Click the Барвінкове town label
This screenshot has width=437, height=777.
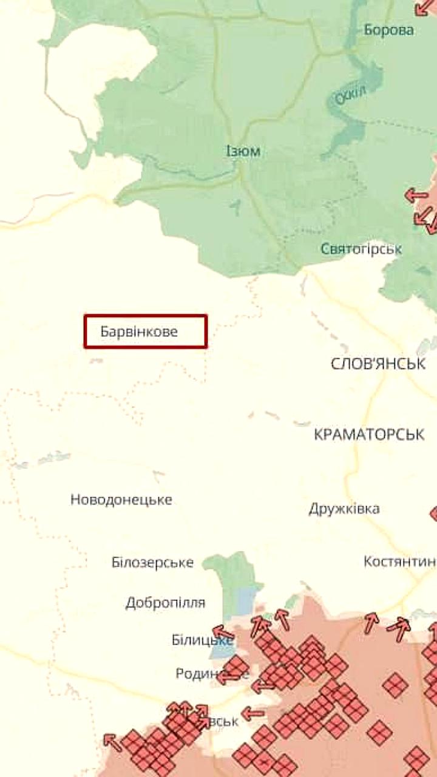click(x=139, y=332)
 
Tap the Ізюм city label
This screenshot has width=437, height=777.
click(x=243, y=151)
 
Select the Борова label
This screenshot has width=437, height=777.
click(x=388, y=30)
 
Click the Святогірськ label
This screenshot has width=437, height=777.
click(x=361, y=249)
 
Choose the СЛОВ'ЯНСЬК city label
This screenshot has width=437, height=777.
click(x=378, y=364)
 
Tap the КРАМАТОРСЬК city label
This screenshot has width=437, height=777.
click(x=369, y=435)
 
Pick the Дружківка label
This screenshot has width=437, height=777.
click(x=344, y=509)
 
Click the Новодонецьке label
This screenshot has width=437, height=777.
click(x=121, y=500)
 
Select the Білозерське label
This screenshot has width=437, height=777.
click(x=152, y=563)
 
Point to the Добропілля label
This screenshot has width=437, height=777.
click(x=165, y=603)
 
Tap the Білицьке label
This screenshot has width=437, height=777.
click(x=202, y=640)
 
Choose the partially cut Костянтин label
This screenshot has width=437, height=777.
click(x=399, y=562)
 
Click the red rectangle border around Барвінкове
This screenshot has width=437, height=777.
click(x=146, y=315)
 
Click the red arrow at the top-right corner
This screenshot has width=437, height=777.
click(x=423, y=7)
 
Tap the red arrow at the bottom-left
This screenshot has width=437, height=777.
click(x=112, y=740)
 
